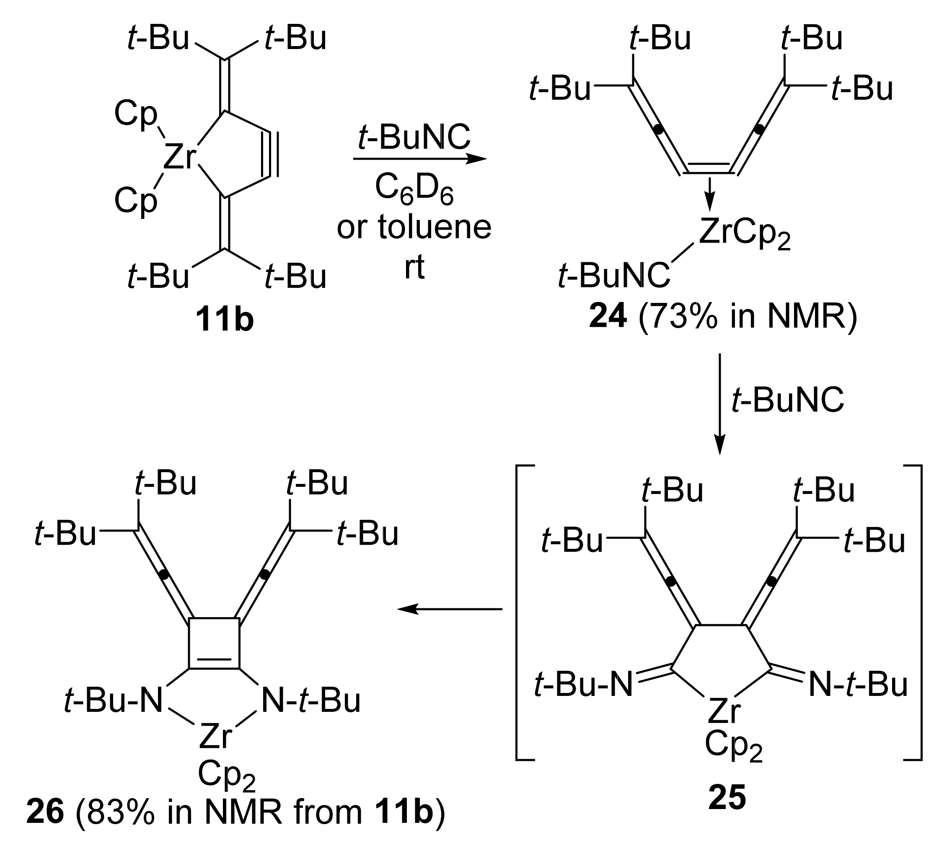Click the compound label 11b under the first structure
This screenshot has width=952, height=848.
224,320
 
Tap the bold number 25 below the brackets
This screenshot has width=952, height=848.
727,811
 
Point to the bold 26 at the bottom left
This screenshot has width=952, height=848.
45,825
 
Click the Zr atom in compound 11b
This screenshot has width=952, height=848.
179,157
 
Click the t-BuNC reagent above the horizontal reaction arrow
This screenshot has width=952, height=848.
414,137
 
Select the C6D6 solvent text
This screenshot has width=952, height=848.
414,190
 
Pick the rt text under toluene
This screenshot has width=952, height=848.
414,267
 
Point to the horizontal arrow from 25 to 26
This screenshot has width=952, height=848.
450,608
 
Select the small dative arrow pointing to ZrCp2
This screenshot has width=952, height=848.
709,194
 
